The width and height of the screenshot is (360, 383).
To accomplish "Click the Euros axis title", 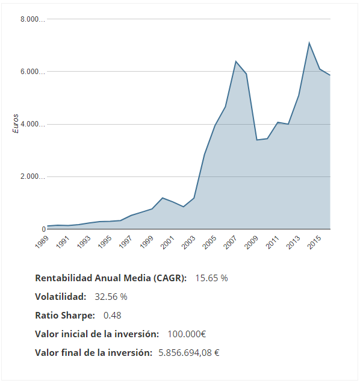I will click(16, 123).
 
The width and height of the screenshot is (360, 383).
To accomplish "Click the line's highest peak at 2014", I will click(309, 43).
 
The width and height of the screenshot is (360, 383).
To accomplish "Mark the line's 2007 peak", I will click(236, 61).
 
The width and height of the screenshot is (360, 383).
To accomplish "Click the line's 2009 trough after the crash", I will click(257, 140).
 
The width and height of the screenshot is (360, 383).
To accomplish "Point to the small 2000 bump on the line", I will click(163, 198).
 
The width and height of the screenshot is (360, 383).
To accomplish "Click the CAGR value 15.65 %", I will click(211, 278).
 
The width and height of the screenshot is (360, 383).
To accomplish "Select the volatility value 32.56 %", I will click(111, 297).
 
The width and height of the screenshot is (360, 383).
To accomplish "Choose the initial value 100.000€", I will click(185, 334).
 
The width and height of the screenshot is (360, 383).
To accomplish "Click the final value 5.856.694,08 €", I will click(188, 352).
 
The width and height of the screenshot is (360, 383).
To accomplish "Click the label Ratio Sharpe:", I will click(65, 315).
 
